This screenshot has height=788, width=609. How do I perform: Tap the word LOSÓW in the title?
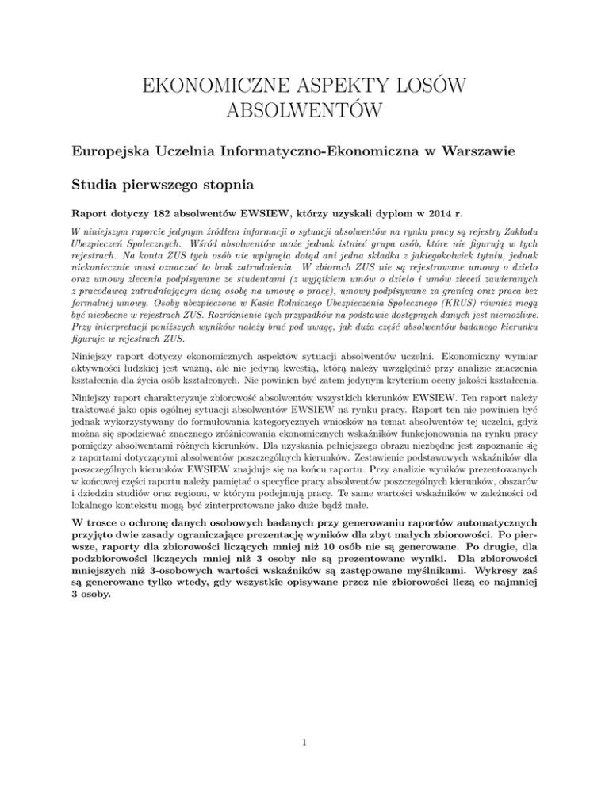pyautogui.click(x=431, y=85)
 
